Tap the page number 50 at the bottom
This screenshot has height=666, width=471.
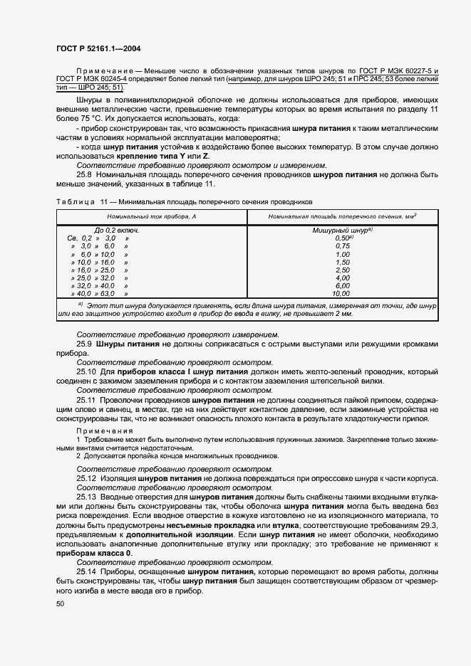pyautogui.click(x=61, y=603)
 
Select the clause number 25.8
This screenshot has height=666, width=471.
pyautogui.click(x=84, y=175)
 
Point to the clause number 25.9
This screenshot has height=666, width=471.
pyautogui.click(x=84, y=344)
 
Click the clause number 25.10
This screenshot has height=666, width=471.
pyautogui.click(x=86, y=371)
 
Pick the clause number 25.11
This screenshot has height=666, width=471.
pyautogui.click(x=86, y=401)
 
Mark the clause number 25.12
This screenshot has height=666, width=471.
pyautogui.click(x=86, y=478)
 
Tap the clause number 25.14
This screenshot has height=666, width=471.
pyautogui.click(x=86, y=571)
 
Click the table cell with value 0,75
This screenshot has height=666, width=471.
pyautogui.click(x=342, y=245)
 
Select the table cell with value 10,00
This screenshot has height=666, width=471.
pyautogui.click(x=341, y=293)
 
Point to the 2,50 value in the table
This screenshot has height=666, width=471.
pyautogui.click(x=342, y=270)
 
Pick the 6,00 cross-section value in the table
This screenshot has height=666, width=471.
pyautogui.click(x=342, y=285)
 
